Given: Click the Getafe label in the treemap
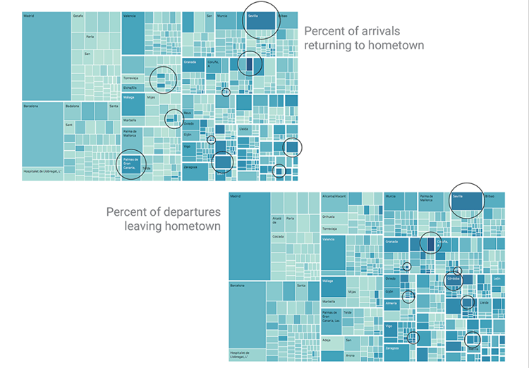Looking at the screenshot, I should (78, 15).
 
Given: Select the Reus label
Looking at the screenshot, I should (187, 113).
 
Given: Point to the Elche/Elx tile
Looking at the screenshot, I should (131, 87).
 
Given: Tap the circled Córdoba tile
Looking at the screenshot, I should (452, 279).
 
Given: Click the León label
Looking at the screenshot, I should (497, 278).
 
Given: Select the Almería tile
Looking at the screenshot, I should (392, 303).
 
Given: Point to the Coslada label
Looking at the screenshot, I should (279, 237).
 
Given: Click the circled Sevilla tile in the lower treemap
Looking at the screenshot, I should (466, 201).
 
